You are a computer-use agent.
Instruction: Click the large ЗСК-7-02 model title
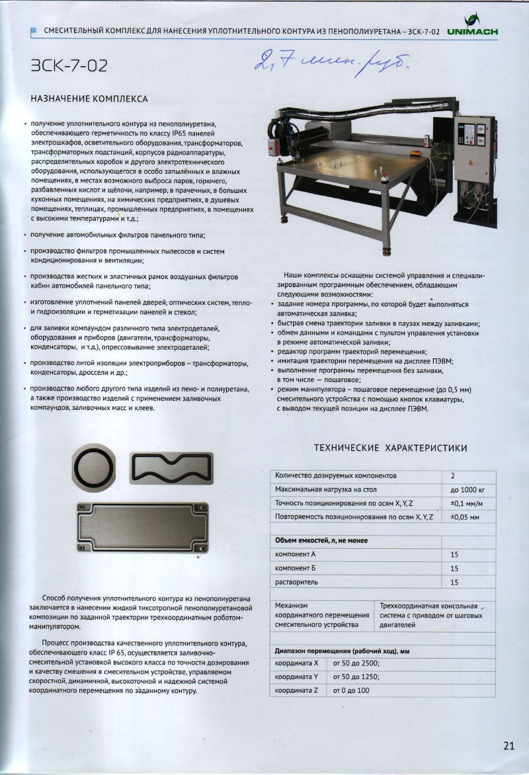click(x=69, y=65)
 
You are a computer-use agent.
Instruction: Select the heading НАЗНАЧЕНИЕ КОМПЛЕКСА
click(x=89, y=99)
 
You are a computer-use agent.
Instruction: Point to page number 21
click(x=509, y=746)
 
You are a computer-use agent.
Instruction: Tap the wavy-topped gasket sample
click(x=173, y=469)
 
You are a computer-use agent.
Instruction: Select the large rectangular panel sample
click(x=143, y=526)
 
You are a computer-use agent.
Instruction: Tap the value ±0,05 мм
click(x=465, y=518)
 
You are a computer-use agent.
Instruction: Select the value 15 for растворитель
click(x=454, y=582)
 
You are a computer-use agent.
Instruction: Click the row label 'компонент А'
click(x=295, y=554)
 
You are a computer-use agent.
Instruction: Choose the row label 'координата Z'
click(x=298, y=691)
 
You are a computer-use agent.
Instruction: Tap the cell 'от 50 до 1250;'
click(x=356, y=677)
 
